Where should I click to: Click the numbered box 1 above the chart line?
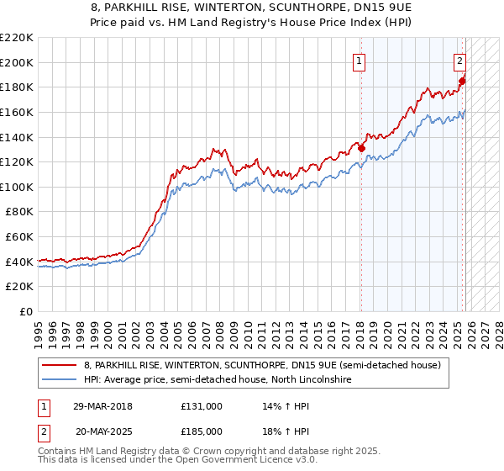tap(360, 60)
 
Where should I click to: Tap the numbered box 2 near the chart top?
tap(460, 60)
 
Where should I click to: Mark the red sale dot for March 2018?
tap(362, 148)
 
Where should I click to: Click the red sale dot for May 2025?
tap(462, 81)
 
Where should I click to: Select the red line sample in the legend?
tap(60, 364)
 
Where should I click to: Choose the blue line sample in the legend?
tap(60, 380)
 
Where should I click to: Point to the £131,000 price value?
tap(202, 405)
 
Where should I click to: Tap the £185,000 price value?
tap(202, 431)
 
